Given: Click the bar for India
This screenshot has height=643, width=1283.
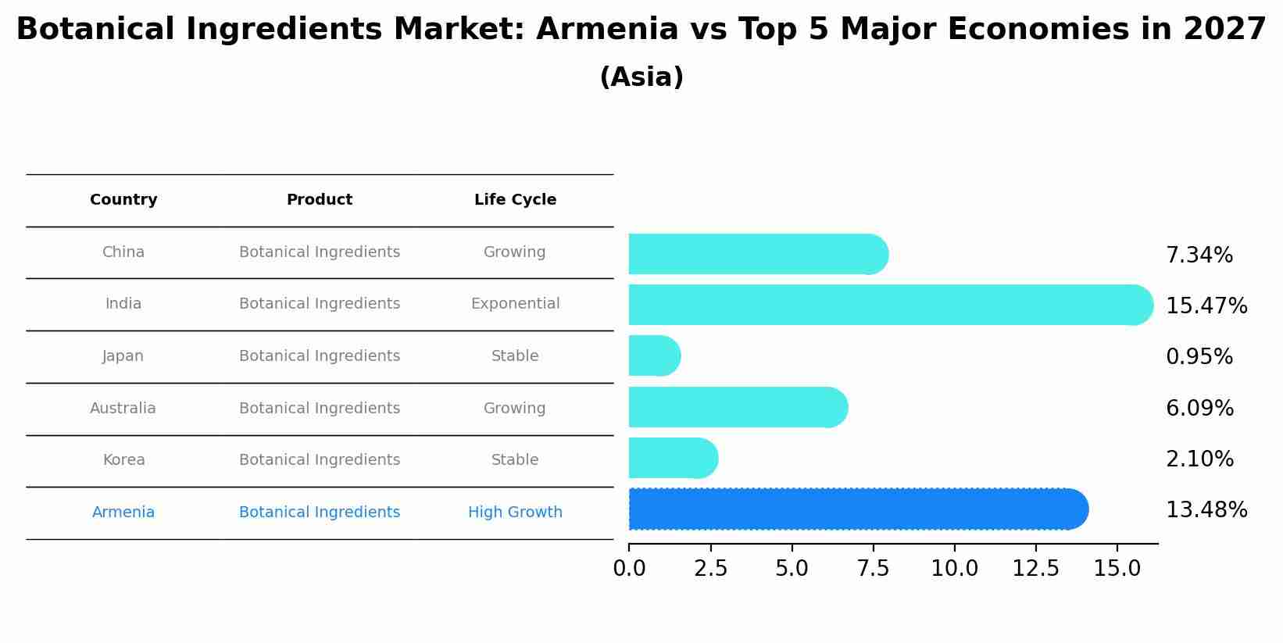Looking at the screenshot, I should (x=891, y=305).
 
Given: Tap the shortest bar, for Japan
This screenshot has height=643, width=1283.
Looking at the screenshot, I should (x=655, y=356).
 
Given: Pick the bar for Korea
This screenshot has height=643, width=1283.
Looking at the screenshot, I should (x=673, y=459).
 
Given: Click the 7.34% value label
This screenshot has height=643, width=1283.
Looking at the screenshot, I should (x=1199, y=255).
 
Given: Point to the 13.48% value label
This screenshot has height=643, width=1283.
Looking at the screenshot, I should (x=1206, y=510).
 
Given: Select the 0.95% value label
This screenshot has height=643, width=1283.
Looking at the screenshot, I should (x=1199, y=357).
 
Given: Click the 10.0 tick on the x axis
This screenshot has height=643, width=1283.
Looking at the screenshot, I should (x=954, y=569).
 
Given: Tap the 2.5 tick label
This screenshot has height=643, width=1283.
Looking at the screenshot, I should (x=710, y=569).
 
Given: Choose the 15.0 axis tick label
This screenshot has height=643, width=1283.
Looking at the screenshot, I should (x=1117, y=569).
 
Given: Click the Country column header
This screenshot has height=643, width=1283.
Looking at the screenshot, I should (x=123, y=200).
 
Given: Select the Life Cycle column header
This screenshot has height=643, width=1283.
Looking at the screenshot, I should (x=515, y=200).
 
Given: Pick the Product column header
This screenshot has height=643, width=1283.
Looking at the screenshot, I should (x=319, y=200).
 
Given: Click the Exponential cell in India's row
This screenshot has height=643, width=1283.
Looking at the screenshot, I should (x=515, y=304).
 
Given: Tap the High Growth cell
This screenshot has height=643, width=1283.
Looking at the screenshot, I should (x=515, y=513).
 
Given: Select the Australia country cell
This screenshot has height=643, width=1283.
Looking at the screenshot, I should (x=123, y=409).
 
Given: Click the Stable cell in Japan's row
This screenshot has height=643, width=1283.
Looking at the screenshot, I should (x=514, y=356).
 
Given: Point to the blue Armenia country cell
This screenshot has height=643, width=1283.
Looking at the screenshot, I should (x=123, y=513).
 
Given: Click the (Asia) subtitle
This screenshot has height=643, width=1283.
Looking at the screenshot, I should (x=641, y=77).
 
